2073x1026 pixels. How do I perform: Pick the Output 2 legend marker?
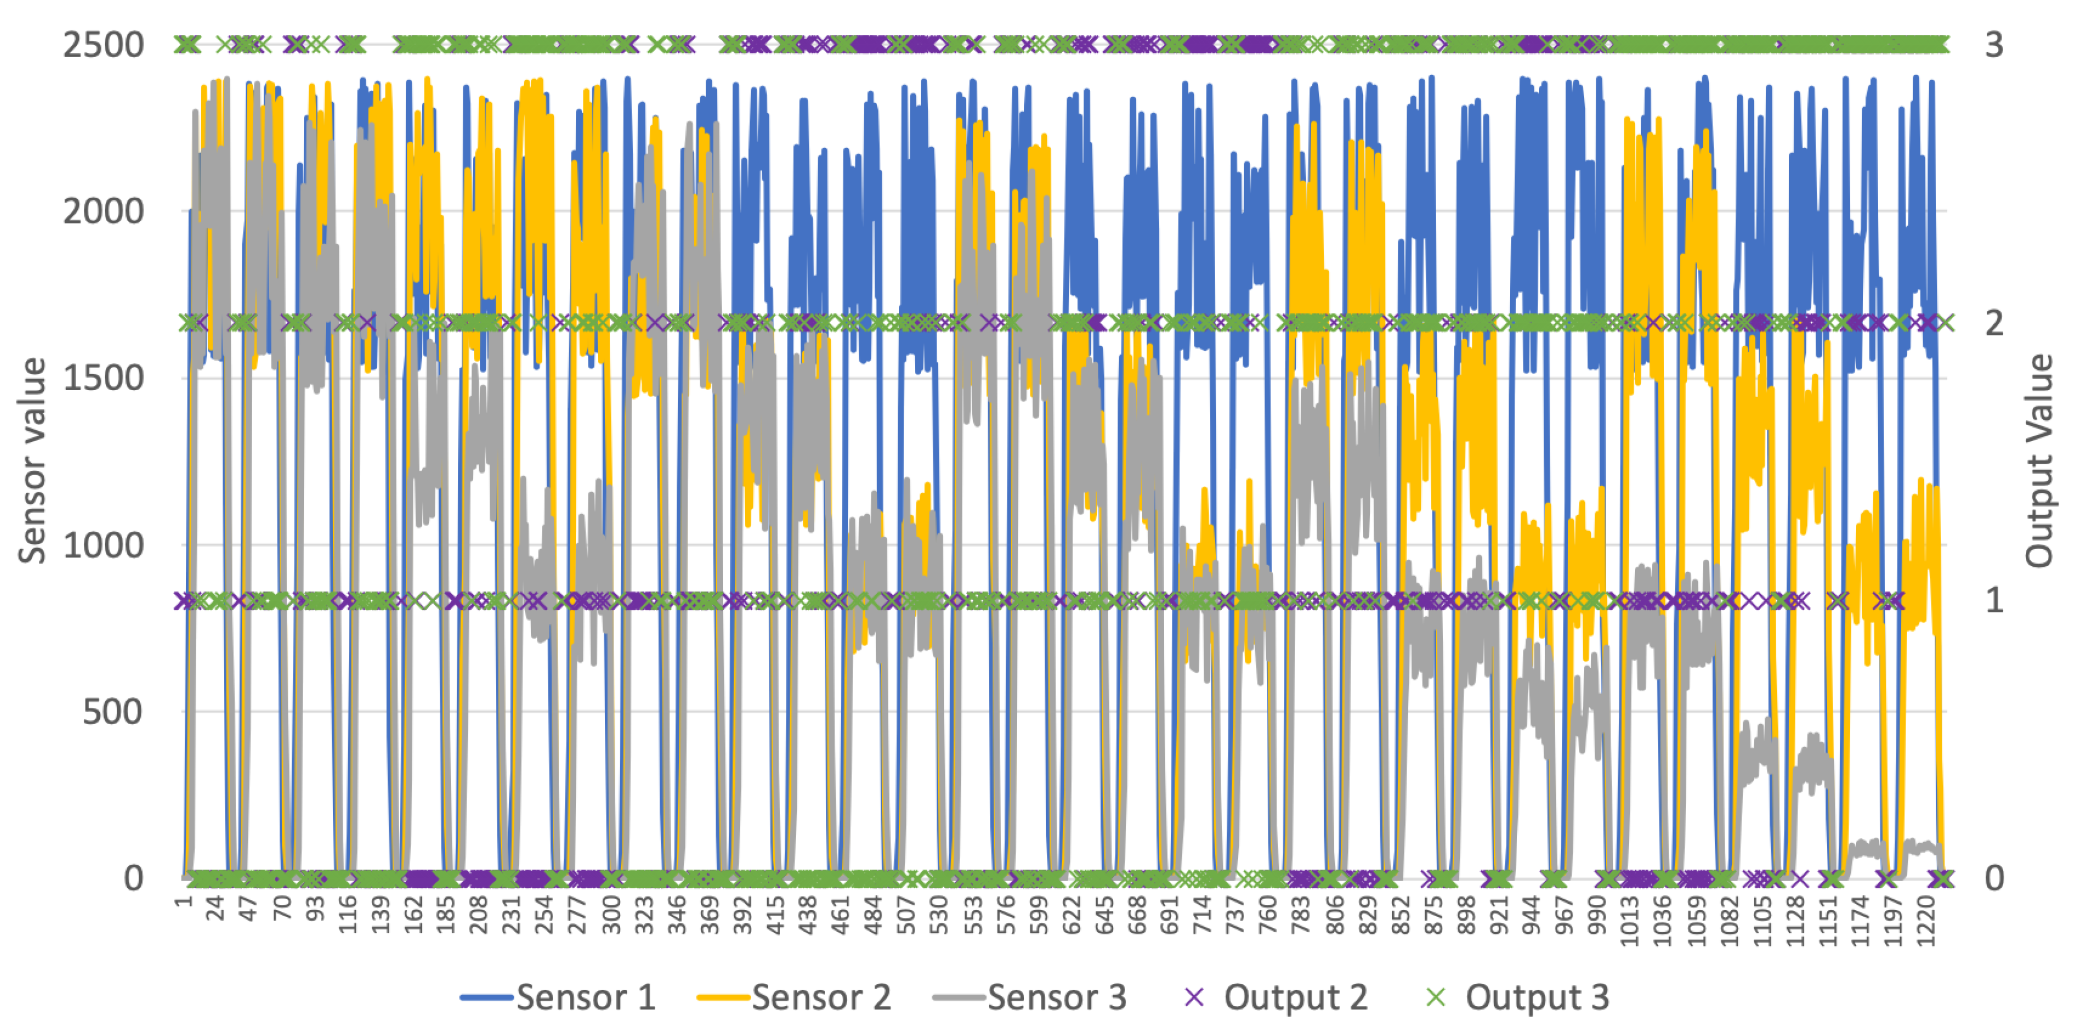pos(1194,998)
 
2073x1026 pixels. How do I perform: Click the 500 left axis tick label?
pos(113,712)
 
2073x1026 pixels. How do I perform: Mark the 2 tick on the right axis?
pos(1994,324)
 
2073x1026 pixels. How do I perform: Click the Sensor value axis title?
pos(32,461)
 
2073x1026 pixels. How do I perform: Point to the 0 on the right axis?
pos(1994,878)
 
